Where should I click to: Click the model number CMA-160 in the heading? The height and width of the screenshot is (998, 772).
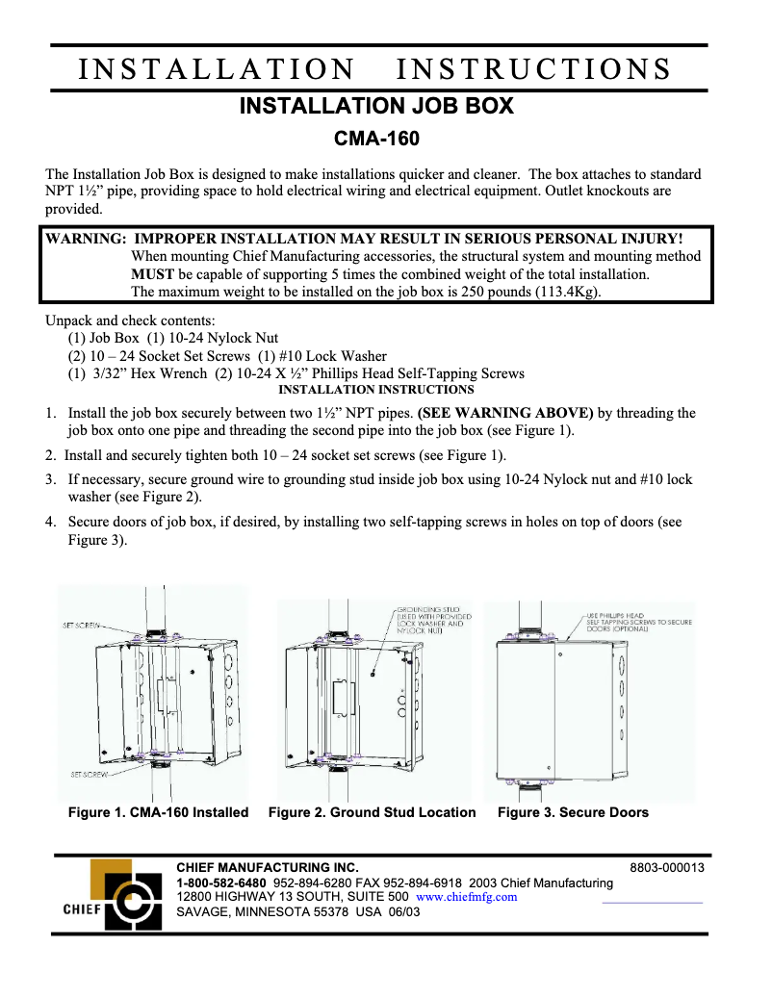tap(376, 140)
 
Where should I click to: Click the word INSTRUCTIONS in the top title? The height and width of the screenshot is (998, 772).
tap(533, 69)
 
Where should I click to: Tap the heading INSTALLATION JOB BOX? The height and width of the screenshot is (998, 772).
tap(376, 106)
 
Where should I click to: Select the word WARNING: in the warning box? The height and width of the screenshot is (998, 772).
tap(86, 239)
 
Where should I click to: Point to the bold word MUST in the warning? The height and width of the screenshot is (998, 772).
tap(152, 274)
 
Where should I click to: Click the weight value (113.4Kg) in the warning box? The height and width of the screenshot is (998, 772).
tap(567, 293)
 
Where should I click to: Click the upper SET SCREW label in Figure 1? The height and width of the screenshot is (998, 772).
tap(84, 626)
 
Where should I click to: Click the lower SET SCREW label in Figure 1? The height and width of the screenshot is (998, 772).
tap(89, 773)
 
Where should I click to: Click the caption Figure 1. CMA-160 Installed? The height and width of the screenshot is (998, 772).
tap(158, 812)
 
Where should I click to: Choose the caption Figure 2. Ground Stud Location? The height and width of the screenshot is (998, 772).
tap(372, 812)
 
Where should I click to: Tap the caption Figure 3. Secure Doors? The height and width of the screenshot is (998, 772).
tap(573, 812)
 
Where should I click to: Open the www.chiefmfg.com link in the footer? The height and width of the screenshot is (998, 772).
tap(466, 897)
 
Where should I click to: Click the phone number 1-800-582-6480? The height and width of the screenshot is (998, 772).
tap(221, 883)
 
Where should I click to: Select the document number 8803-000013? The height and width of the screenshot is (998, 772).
tap(667, 867)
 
